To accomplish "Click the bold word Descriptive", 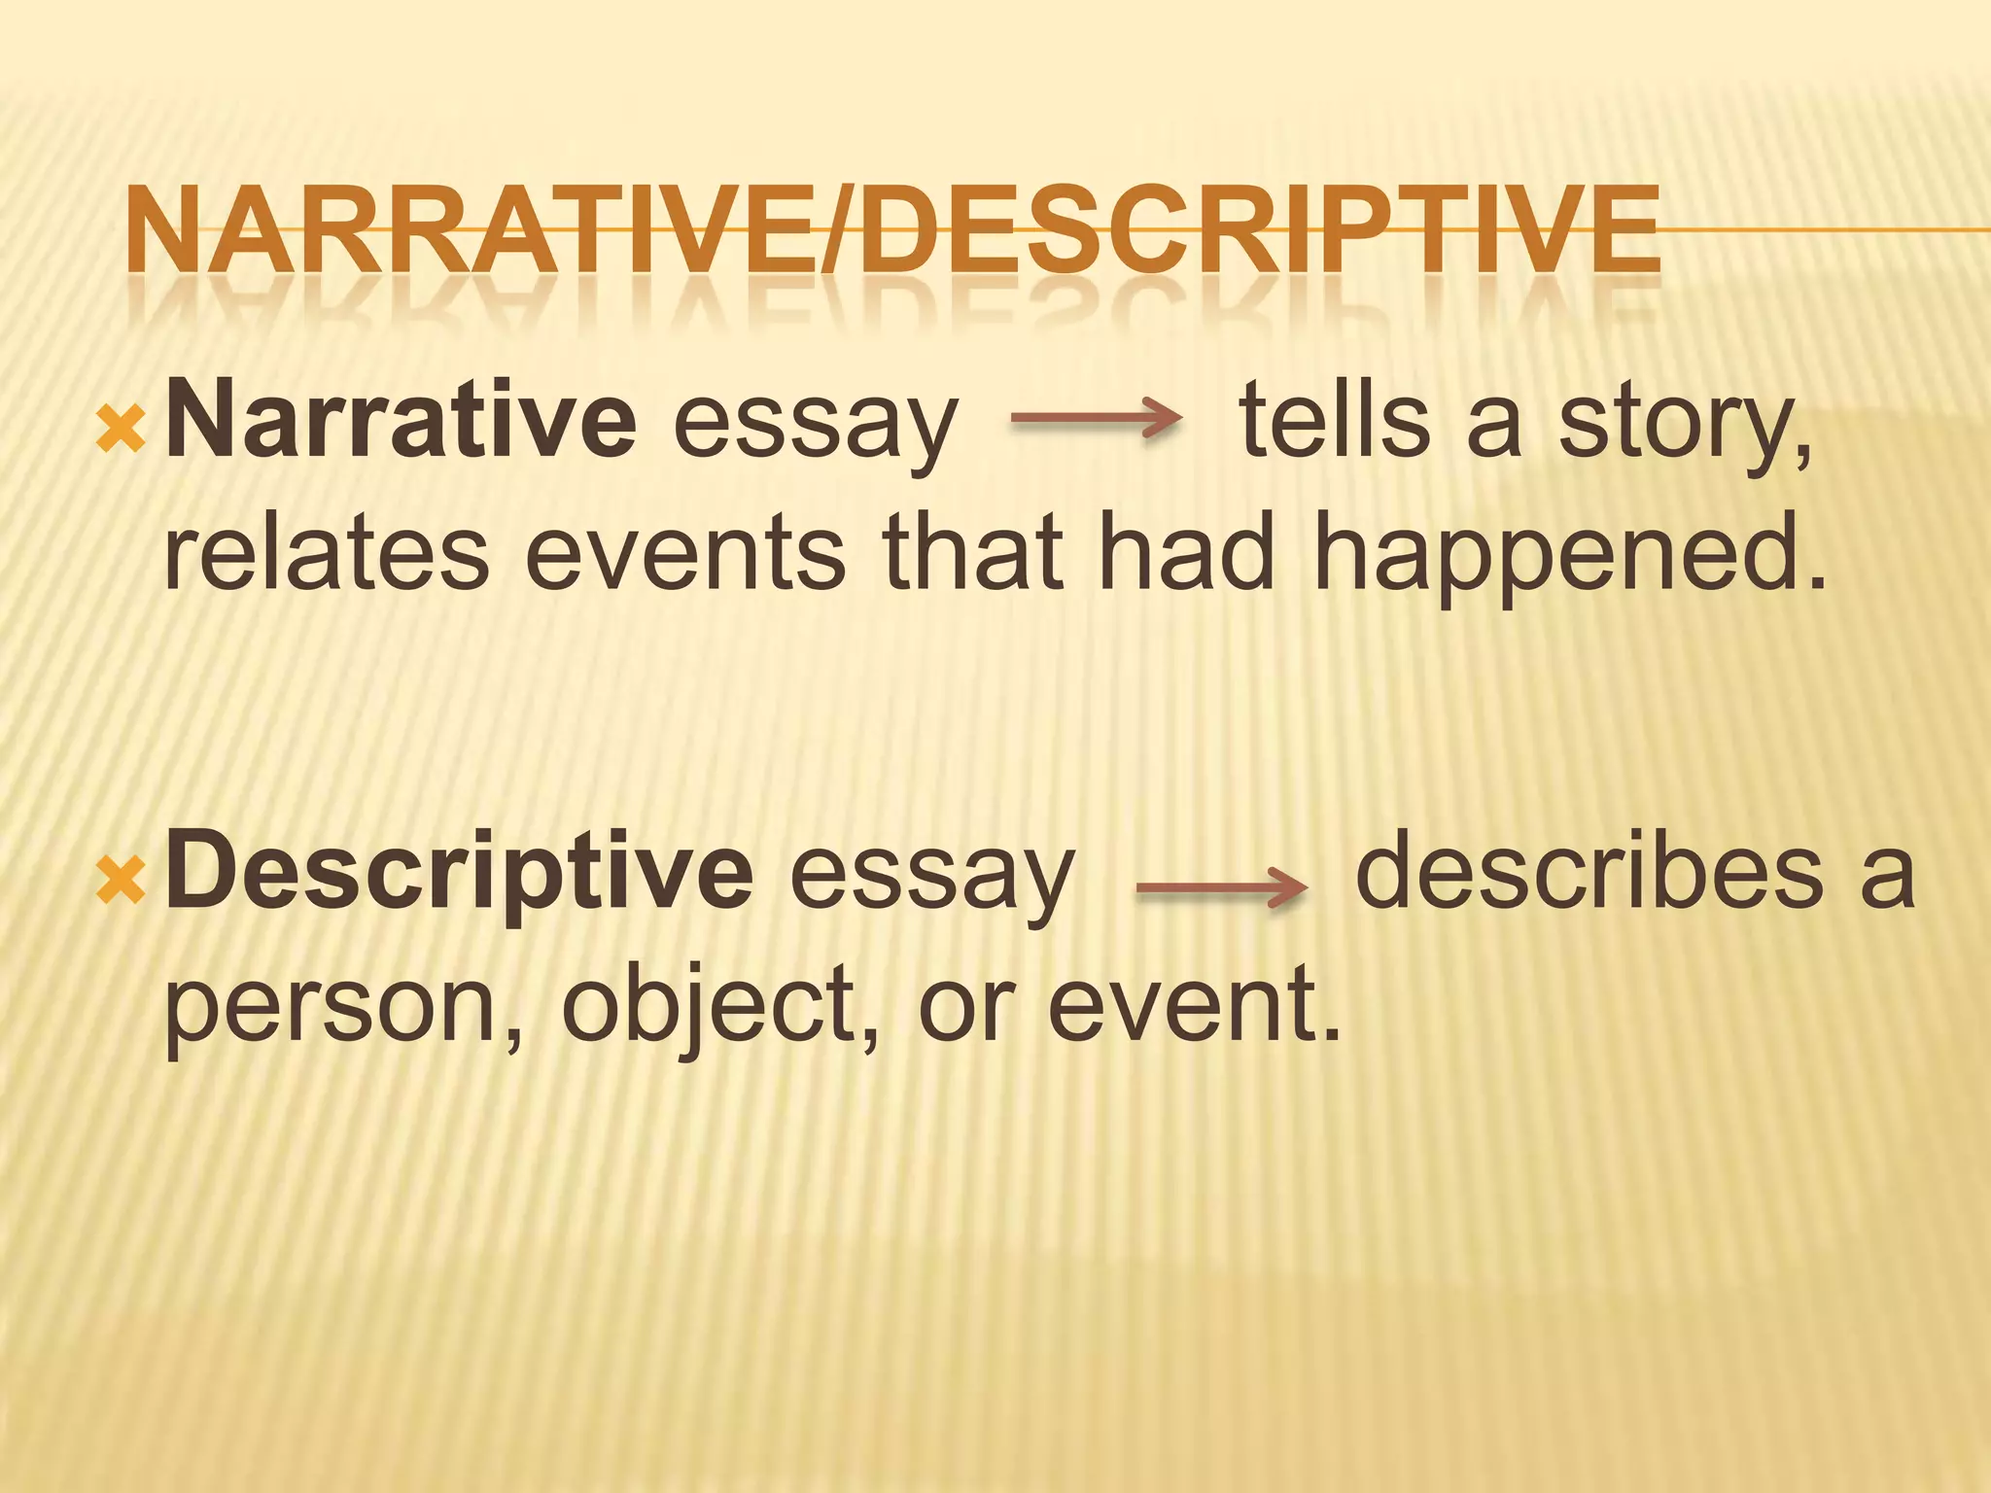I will click(459, 871).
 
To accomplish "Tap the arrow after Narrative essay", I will click(1097, 419).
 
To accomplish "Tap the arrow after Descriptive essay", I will click(1221, 887).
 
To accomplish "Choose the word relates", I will click(327, 554).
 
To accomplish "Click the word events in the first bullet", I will click(685, 554).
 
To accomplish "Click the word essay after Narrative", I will click(815, 428).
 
